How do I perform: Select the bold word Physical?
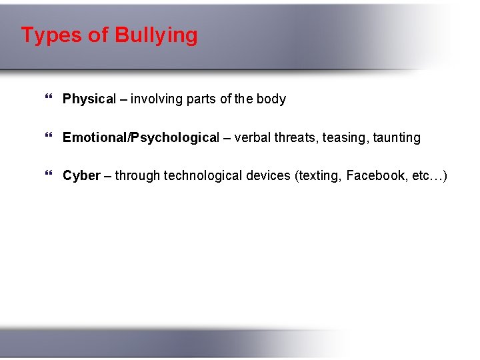point(89,99)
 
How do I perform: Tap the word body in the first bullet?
point(271,99)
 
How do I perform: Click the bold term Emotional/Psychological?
point(141,138)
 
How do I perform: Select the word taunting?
point(397,138)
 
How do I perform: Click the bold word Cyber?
point(81,176)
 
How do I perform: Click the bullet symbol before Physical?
point(47,99)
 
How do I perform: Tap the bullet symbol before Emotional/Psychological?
point(47,138)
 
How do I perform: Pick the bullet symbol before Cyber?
point(47,176)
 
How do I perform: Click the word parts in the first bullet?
point(201,99)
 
